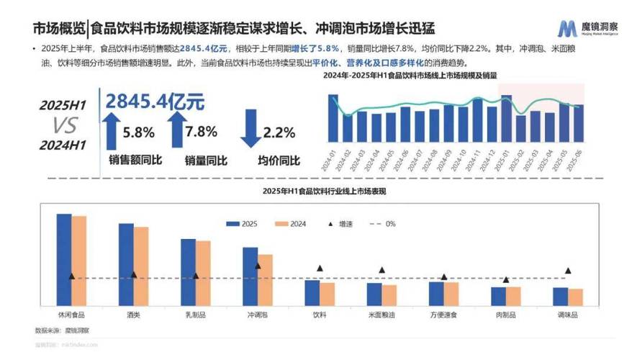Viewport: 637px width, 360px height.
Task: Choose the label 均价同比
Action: coord(279,160)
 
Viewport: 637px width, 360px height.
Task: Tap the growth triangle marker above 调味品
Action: coord(568,271)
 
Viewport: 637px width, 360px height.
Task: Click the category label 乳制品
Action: coord(195,315)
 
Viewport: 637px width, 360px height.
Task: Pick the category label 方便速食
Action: coord(443,315)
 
